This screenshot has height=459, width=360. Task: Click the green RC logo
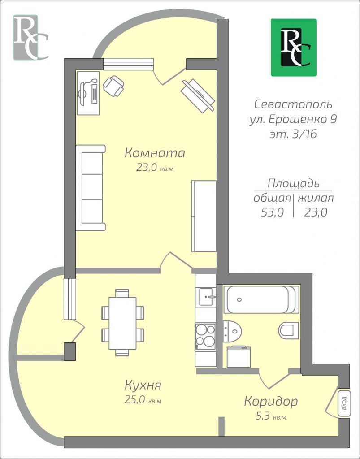pyautogui.click(x=294, y=48)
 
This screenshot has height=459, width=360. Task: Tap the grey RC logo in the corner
pyautogui.click(x=30, y=37)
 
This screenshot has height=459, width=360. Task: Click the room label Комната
pyautogui.click(x=155, y=153)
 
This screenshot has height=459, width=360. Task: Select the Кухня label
pyautogui.click(x=143, y=385)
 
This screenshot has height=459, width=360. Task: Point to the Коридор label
pyautogui.click(x=271, y=402)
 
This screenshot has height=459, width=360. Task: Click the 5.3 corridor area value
pyautogui.click(x=262, y=416)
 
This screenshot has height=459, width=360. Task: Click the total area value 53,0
pyautogui.click(x=272, y=212)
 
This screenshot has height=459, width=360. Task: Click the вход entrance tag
pyautogui.click(x=344, y=403)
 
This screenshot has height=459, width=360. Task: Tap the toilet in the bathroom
pyautogui.click(x=288, y=330)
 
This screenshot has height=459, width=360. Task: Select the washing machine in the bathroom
pyautogui.click(x=239, y=356)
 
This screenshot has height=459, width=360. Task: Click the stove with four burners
pyautogui.click(x=205, y=335)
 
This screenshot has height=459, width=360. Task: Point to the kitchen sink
pyautogui.click(x=208, y=297)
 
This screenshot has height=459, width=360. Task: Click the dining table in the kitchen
pyautogui.click(x=122, y=323)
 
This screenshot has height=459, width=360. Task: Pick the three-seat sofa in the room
pyautogui.click(x=91, y=188)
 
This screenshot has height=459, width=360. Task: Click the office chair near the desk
pyautogui.click(x=113, y=86)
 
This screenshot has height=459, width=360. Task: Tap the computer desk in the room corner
pyautogui.click(x=88, y=93)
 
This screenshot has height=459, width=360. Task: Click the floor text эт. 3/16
pyautogui.click(x=293, y=134)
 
